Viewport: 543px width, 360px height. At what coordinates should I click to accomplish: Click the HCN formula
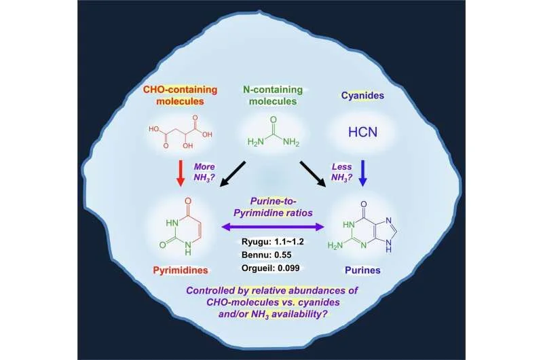[x=362, y=132]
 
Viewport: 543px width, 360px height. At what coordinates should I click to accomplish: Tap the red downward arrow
[x=180, y=173]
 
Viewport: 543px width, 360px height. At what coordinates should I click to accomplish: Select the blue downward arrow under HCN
[x=362, y=173]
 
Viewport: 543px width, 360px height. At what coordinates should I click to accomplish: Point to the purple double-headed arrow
[x=273, y=227]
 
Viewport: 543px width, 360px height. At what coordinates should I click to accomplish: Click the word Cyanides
[x=362, y=95]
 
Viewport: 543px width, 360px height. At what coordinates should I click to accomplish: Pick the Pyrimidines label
[x=181, y=270]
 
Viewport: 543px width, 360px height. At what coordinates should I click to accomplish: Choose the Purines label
[x=362, y=270]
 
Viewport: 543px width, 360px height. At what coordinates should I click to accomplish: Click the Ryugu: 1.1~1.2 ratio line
[x=273, y=242]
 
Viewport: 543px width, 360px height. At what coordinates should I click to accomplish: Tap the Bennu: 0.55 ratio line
[x=267, y=255]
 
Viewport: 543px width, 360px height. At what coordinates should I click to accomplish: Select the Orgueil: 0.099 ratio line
[x=270, y=268]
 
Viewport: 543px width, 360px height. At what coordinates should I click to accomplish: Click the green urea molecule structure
[x=274, y=132]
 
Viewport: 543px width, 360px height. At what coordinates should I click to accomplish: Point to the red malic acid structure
[x=180, y=132]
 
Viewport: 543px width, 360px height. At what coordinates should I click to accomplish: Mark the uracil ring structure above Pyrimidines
[x=179, y=227]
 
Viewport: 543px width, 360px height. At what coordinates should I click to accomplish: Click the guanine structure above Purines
[x=362, y=227]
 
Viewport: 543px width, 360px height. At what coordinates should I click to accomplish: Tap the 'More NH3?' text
[x=204, y=173]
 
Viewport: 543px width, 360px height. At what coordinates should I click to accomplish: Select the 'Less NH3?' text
[x=342, y=173]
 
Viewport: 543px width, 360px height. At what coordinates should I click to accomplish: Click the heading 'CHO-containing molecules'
[x=180, y=95]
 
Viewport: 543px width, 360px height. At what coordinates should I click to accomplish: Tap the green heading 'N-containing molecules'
[x=273, y=95]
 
